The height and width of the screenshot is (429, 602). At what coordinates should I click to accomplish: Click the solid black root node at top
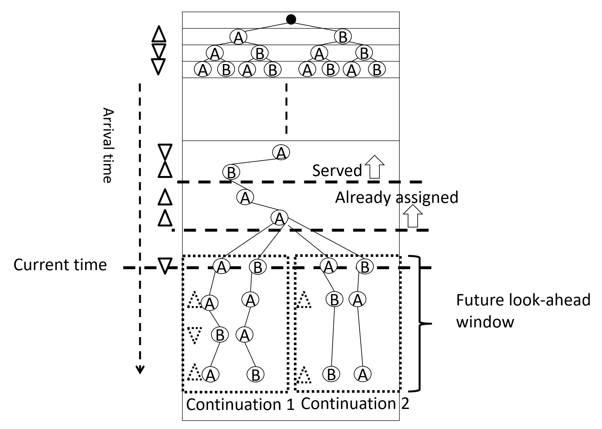point(291,19)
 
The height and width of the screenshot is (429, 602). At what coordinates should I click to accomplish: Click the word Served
point(337,170)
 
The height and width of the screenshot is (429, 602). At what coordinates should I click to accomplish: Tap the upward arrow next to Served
point(374,167)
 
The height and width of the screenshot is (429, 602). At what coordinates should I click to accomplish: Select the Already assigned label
point(396,197)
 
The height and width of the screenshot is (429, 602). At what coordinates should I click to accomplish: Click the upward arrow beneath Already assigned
point(412,216)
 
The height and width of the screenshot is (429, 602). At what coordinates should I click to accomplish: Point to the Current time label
point(60,265)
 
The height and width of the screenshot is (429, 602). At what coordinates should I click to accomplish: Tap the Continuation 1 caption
point(240,404)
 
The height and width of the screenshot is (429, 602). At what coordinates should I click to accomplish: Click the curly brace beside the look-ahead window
point(421,323)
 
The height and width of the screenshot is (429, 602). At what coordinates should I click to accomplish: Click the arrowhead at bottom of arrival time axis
point(140,370)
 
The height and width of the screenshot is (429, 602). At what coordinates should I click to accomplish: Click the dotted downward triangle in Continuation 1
point(195,334)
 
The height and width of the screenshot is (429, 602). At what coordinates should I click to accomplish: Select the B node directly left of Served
point(231,172)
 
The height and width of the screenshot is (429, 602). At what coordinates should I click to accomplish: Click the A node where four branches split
point(279,218)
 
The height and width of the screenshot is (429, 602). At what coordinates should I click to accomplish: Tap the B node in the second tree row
point(342,37)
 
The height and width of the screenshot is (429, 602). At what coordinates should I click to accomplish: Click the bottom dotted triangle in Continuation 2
point(304,375)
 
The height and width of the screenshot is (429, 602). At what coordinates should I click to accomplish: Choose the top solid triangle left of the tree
point(159,34)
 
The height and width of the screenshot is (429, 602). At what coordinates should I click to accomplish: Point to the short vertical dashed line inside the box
point(286,108)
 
